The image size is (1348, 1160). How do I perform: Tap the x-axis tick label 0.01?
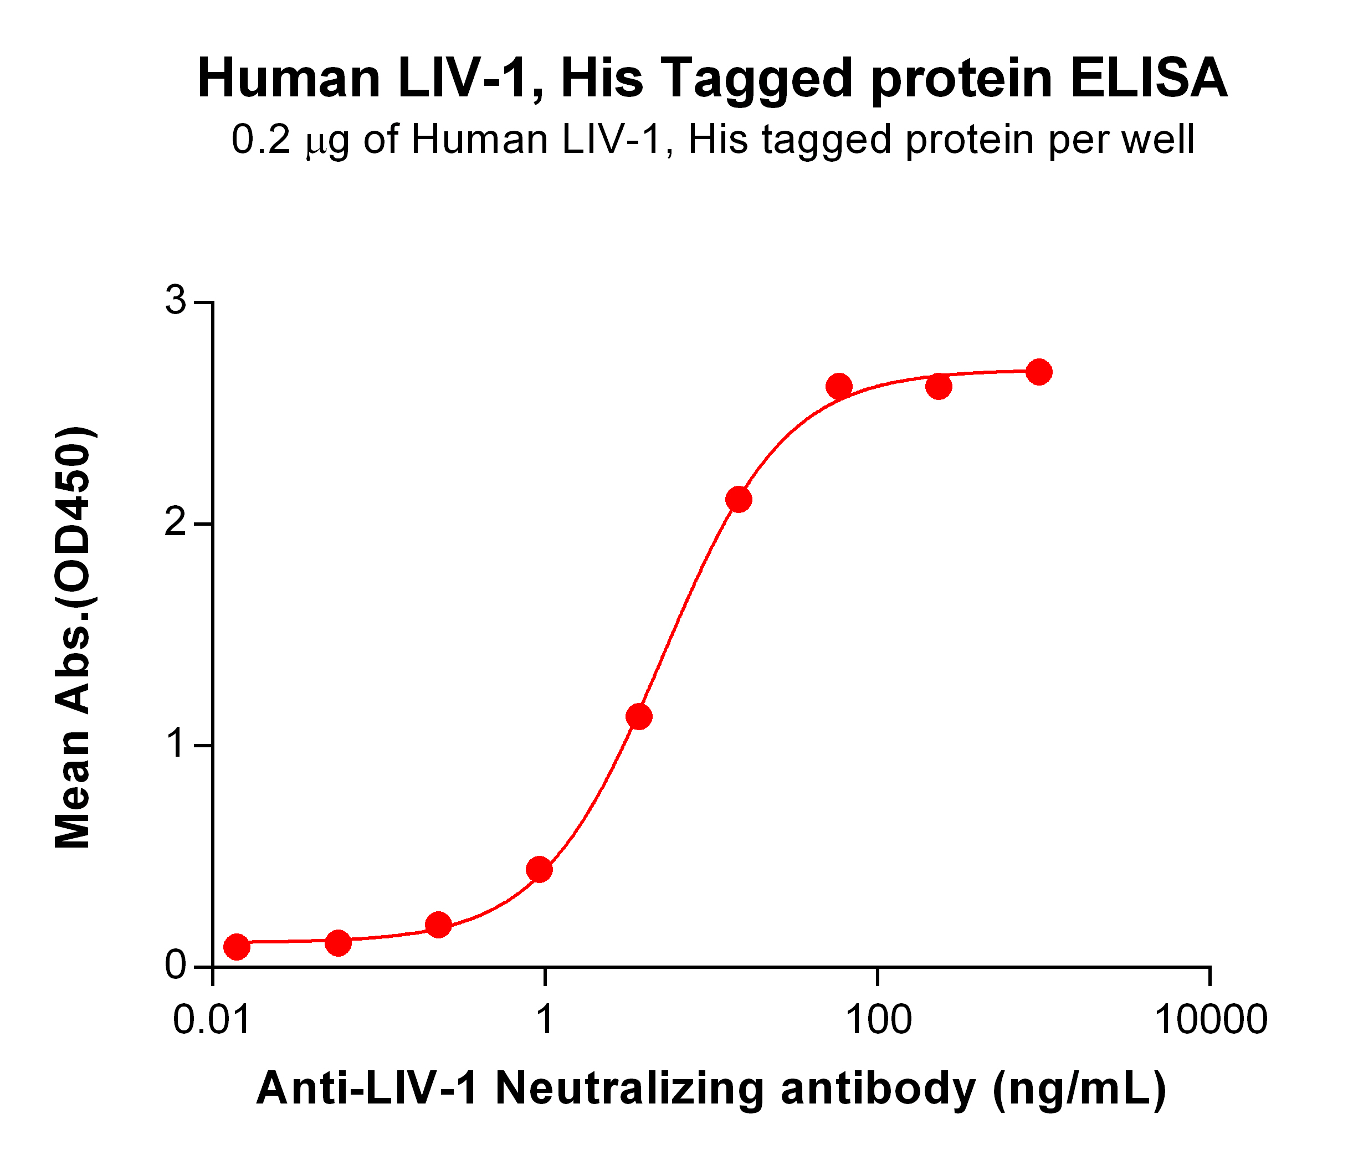click(x=212, y=1020)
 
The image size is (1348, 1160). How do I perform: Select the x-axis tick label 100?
click(x=877, y=1020)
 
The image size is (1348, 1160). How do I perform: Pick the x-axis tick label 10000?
click(x=1210, y=1020)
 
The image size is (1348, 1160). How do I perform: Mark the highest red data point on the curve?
click(x=1039, y=372)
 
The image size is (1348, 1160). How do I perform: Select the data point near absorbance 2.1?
click(x=739, y=500)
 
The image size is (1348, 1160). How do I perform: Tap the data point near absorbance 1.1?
click(x=639, y=717)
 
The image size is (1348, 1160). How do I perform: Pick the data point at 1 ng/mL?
click(x=539, y=869)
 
